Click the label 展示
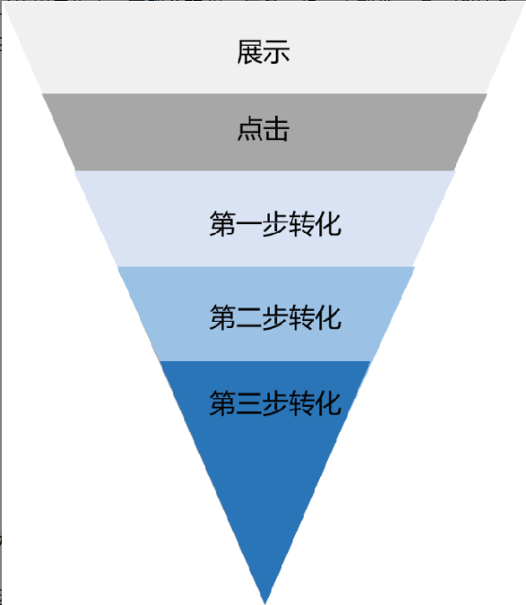point(263,53)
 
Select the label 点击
point(263,131)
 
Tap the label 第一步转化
point(275,224)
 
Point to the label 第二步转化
point(275,317)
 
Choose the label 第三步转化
point(275,402)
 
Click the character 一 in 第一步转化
point(248,225)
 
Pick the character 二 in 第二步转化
point(248,318)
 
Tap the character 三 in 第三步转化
point(248,403)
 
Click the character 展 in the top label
point(250,53)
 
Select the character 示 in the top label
point(277,53)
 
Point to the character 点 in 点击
point(250,131)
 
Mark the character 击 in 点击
point(277,131)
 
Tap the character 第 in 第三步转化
point(222,402)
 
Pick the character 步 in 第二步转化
point(275,317)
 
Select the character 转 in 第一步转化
point(302,224)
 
